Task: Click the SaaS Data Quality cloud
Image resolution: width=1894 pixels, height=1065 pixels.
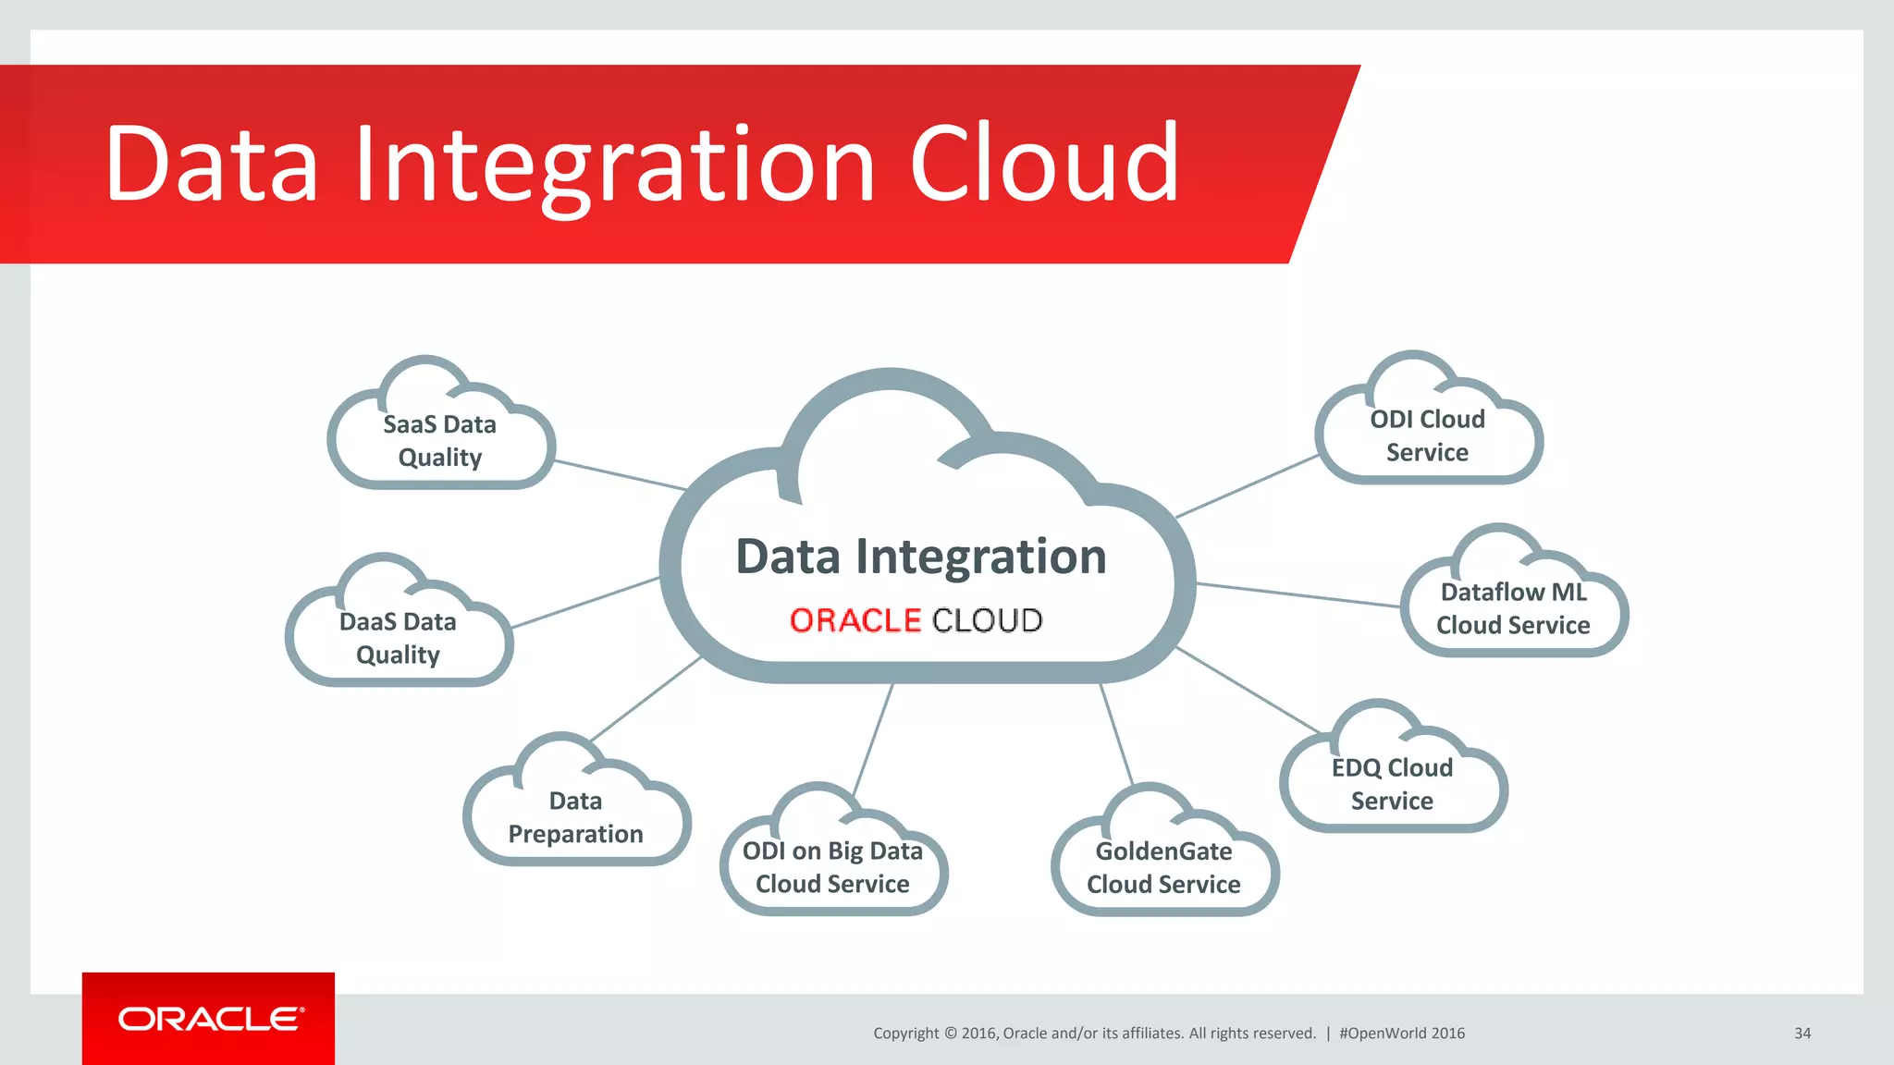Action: pyautogui.click(x=440, y=441)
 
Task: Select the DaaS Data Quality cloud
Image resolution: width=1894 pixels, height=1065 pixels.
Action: pyautogui.click(x=399, y=638)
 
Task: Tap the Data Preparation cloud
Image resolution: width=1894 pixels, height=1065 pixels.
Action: pyautogui.click(x=575, y=817)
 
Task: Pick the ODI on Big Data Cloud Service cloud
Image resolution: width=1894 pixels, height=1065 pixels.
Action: pyautogui.click(x=832, y=867)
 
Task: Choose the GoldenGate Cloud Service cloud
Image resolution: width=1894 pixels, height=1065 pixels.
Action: pyautogui.click(x=1163, y=867)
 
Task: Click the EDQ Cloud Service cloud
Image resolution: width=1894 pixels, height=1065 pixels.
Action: pyautogui.click(x=1392, y=784)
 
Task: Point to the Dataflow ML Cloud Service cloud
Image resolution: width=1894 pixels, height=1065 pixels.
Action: pyautogui.click(x=1513, y=608)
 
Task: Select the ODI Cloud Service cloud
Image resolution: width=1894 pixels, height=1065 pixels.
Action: pyautogui.click(x=1427, y=435)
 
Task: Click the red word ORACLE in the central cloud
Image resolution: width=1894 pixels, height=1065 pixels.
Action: pyautogui.click(x=855, y=620)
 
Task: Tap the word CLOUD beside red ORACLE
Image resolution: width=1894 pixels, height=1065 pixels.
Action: pyautogui.click(x=988, y=620)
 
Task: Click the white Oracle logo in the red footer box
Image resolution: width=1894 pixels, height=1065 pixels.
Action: pyautogui.click(x=210, y=1019)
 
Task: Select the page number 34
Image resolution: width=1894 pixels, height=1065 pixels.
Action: pyautogui.click(x=1802, y=1034)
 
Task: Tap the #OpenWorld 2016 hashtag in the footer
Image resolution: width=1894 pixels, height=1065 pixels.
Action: pyautogui.click(x=1401, y=1034)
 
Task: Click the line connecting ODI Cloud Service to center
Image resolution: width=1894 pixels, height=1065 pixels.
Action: pyautogui.click(x=1247, y=486)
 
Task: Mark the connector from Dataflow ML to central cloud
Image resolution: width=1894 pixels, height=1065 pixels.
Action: pyautogui.click(x=1298, y=595)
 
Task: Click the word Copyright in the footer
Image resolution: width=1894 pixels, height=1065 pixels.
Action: pyautogui.click(x=905, y=1034)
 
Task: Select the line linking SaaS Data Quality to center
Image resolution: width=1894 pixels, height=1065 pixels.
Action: pyautogui.click(x=620, y=474)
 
